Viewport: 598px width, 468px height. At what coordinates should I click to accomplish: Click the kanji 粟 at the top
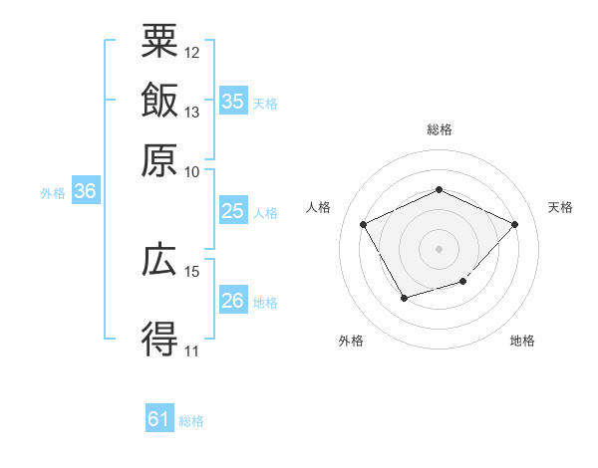click(159, 43)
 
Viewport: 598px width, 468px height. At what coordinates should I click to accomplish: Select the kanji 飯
click(159, 102)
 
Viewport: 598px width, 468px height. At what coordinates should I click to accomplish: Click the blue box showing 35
click(232, 102)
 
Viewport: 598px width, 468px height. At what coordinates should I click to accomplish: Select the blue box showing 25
click(232, 211)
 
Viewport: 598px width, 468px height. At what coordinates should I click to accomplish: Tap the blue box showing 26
click(232, 302)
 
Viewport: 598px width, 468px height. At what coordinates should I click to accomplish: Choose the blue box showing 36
click(86, 193)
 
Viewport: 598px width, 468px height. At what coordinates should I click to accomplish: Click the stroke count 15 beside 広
click(192, 271)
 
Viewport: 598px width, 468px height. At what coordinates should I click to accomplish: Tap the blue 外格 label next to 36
click(53, 194)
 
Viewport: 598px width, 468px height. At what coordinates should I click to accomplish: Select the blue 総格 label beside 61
click(191, 421)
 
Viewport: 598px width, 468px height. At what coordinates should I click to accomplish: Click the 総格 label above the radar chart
click(440, 129)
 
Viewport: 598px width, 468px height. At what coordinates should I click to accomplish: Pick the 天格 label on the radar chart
click(561, 207)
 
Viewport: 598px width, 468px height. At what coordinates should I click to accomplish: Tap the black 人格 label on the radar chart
click(319, 207)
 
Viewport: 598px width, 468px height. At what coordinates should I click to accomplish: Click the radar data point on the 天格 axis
click(514, 224)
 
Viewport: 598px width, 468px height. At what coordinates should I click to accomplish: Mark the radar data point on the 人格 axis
click(364, 223)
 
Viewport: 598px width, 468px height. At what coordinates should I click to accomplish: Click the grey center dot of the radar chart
click(440, 248)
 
